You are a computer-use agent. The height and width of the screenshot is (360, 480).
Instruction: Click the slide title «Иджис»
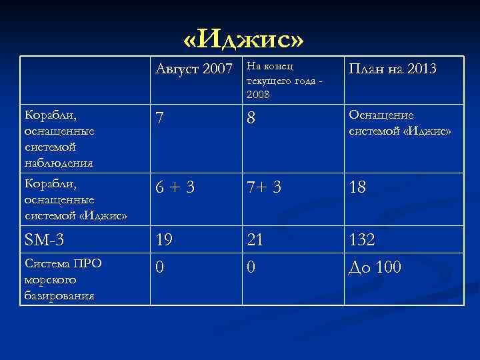[x=243, y=41]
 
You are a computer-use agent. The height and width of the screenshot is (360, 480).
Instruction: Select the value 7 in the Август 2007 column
[x=160, y=119]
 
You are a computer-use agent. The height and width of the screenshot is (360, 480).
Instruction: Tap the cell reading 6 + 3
[x=175, y=188]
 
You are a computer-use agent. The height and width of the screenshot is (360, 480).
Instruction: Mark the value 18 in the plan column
[x=357, y=188]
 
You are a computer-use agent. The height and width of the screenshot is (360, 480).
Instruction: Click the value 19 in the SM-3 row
[x=164, y=241]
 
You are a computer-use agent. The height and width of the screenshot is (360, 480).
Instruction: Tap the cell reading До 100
[x=375, y=267]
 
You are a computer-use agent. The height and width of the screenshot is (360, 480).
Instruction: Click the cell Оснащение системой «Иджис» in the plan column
[x=399, y=123]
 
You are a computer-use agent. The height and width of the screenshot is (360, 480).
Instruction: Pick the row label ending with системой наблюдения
[x=59, y=139]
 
